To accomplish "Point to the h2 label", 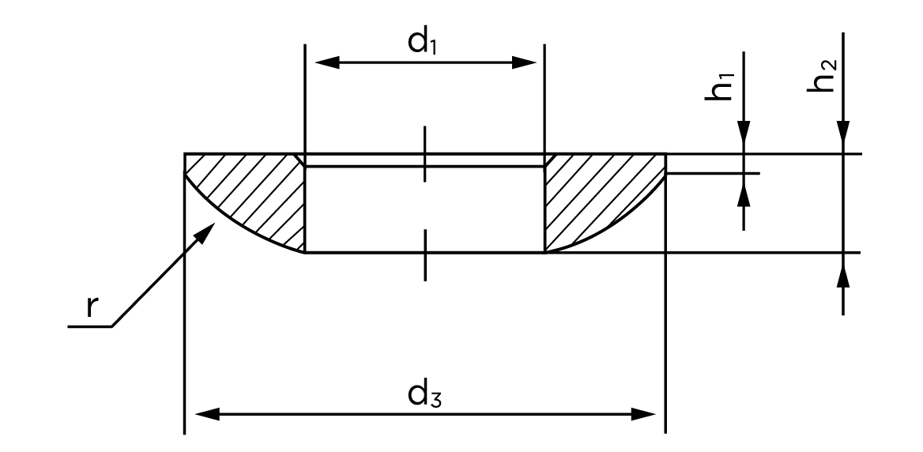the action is pyautogui.click(x=823, y=75).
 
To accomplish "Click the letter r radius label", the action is pyautogui.click(x=91, y=307).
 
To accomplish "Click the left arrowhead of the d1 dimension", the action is pyautogui.click(x=327, y=62).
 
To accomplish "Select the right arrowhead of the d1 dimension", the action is pyautogui.click(x=525, y=62).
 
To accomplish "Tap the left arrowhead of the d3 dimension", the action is pyautogui.click(x=207, y=414).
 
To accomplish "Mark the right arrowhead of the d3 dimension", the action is pyautogui.click(x=643, y=414).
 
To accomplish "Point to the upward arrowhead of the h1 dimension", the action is pyautogui.click(x=744, y=195).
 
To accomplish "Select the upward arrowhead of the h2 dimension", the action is pyautogui.click(x=843, y=276).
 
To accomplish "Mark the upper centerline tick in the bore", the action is pyautogui.click(x=424, y=153).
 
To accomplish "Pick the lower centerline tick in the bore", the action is pyautogui.click(x=424, y=254).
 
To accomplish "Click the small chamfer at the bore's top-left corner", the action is pyautogui.click(x=301, y=160).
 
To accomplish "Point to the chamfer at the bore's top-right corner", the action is pyautogui.click(x=548, y=160).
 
